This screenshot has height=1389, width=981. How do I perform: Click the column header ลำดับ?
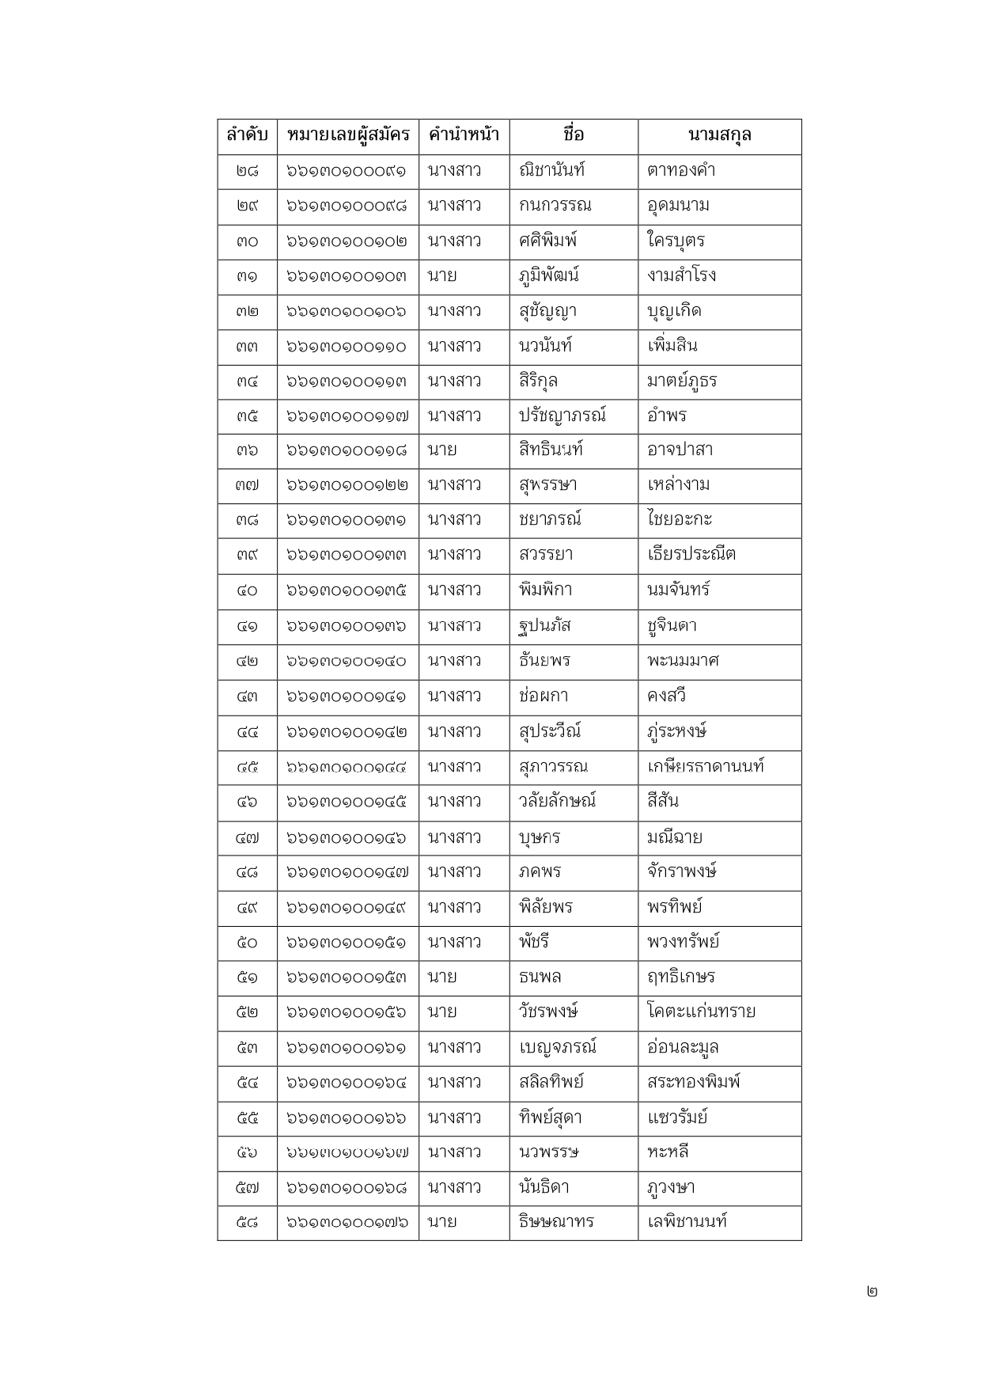(247, 135)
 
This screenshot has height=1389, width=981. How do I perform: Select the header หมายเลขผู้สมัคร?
(348, 135)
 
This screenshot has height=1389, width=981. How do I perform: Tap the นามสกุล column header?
(719, 135)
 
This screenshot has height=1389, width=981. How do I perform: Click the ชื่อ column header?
(574, 135)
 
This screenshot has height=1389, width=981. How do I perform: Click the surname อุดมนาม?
(677, 206)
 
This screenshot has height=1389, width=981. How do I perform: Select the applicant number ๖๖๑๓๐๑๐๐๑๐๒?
(347, 241)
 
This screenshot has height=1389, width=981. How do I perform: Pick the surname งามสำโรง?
(681, 275)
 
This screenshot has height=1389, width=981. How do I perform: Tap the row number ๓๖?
(247, 450)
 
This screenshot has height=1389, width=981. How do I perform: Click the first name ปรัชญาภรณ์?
(562, 416)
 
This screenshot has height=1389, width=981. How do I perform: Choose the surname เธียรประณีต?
(691, 554)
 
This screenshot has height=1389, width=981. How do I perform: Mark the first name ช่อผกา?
(544, 696)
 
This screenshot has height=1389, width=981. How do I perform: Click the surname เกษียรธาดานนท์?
(705, 766)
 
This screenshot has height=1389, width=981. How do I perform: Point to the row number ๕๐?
(247, 943)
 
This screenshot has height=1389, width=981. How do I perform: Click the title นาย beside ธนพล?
(442, 977)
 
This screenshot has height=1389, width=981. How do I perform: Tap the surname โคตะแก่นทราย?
(700, 1012)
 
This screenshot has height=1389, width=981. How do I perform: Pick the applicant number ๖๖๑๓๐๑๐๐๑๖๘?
(347, 1188)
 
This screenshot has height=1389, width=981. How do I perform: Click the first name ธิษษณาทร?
(556, 1222)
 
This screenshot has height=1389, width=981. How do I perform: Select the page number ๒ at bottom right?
(872, 1292)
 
